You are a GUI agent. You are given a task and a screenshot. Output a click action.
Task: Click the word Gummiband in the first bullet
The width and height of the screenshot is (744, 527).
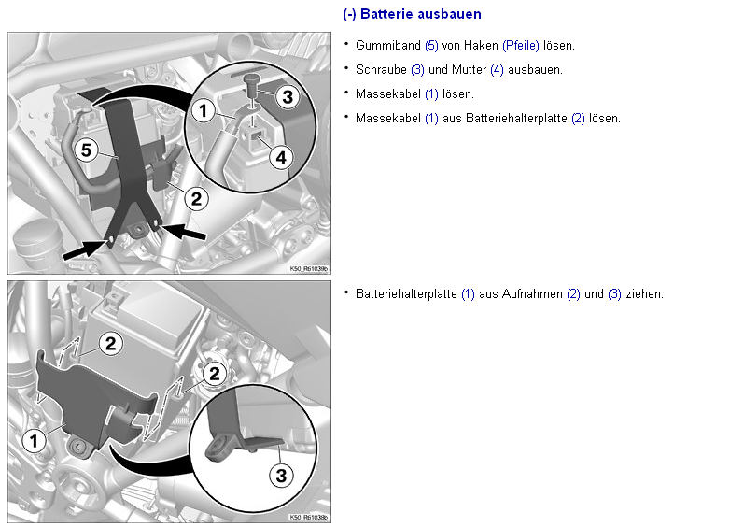click(388, 46)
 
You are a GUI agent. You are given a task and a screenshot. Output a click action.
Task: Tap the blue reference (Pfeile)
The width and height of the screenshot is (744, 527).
click(521, 46)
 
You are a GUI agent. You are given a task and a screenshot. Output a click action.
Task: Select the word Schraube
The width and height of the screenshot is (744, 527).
click(381, 70)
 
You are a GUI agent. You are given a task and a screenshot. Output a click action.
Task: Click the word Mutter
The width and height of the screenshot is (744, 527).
click(469, 70)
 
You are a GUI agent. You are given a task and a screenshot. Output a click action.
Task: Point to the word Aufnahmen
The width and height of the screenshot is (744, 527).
click(532, 294)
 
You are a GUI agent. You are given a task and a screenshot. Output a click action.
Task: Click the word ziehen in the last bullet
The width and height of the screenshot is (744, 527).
click(644, 294)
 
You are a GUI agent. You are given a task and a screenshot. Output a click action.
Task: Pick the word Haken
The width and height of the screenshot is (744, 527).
click(481, 46)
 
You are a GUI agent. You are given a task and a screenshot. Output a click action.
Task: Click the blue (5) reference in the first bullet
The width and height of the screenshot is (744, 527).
click(431, 46)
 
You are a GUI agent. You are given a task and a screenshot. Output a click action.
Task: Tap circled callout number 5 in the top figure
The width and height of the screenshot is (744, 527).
click(86, 150)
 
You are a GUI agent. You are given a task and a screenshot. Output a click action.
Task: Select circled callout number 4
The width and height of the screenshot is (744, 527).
click(281, 158)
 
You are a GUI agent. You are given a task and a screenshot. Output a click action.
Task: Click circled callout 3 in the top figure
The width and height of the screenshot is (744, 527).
click(288, 97)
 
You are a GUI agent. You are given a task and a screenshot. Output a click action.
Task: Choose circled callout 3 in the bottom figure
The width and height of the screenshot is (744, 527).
click(281, 476)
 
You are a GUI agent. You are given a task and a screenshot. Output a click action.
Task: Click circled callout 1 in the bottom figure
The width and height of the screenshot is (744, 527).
click(34, 441)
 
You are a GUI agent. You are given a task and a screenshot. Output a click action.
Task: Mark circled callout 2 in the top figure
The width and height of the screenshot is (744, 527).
click(196, 199)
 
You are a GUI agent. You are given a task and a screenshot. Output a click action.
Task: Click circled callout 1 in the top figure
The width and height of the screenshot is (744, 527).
click(204, 111)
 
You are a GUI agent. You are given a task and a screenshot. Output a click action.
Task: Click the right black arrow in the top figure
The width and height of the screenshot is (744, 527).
click(184, 231)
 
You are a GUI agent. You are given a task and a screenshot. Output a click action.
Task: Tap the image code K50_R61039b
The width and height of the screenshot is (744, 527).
click(309, 269)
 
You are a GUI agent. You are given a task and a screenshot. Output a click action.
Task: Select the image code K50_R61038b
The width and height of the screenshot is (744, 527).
click(309, 518)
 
